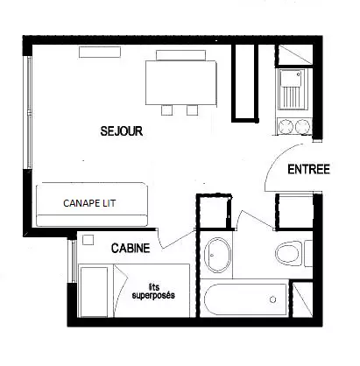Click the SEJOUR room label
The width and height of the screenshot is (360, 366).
coord(122,131)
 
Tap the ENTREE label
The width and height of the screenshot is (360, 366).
coord(308,170)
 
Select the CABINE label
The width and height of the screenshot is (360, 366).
coord(131,248)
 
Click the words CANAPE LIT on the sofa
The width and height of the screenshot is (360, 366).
coord(89,203)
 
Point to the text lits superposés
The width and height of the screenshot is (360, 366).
coord(153,291)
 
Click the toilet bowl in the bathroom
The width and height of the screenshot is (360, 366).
coord(287,253)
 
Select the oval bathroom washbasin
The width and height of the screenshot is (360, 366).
coord(218,256)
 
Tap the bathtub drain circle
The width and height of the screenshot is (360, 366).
coord(273,299)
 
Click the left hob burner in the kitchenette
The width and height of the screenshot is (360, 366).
coord(286,127)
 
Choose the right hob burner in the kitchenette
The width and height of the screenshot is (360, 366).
coord(302,127)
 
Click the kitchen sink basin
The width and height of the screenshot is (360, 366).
coord(291,78)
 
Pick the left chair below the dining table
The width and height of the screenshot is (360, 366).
coord(166,109)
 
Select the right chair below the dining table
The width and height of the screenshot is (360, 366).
coord(193,109)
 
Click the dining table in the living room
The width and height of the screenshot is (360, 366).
coord(181,82)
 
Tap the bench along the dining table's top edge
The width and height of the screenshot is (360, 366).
coord(180,55)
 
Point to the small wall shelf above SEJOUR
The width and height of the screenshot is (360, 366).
coord(100,52)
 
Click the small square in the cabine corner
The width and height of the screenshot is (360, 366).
coord(88,240)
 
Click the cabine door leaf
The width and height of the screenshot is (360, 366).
coord(178,240)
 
